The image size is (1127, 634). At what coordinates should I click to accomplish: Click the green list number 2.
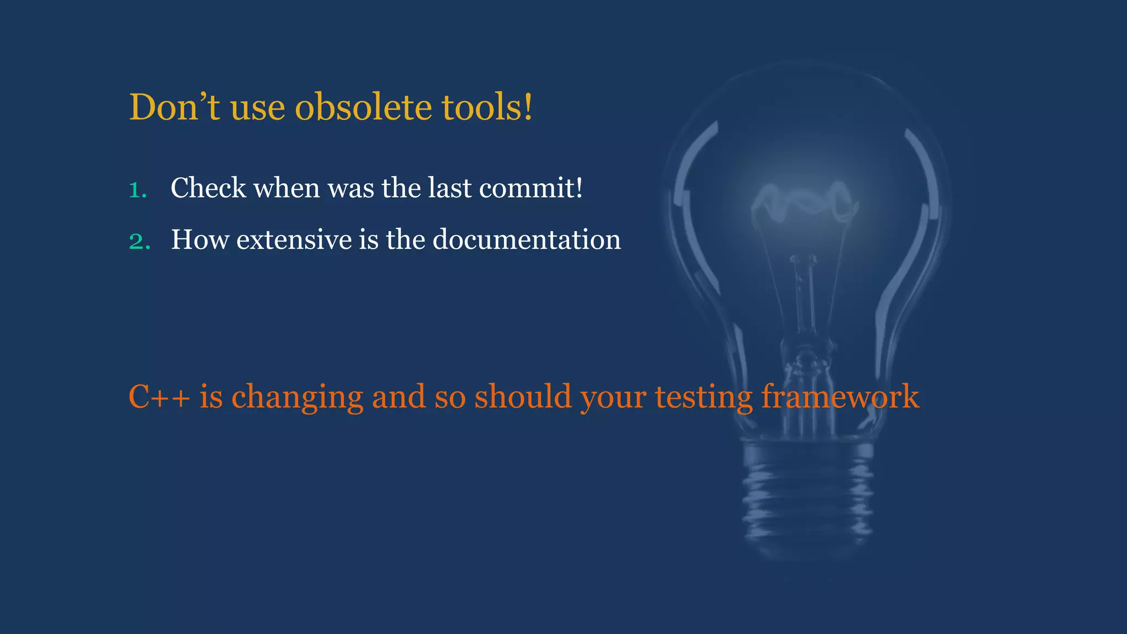(139, 242)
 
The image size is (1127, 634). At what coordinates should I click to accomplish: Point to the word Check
(208, 188)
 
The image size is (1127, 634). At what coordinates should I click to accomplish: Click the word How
(199, 240)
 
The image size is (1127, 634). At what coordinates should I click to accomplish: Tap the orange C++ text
(159, 397)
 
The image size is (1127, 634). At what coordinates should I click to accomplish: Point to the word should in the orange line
(523, 397)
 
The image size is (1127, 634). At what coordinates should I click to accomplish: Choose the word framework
(840, 397)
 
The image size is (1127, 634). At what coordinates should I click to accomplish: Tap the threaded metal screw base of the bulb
(808, 495)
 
